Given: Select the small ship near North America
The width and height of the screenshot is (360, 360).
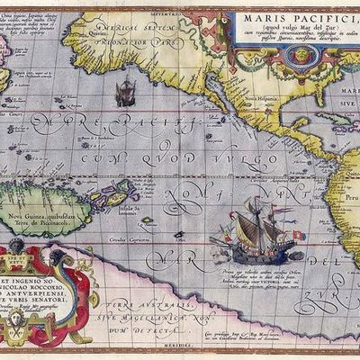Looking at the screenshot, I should pyautogui.click(x=126, y=90).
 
